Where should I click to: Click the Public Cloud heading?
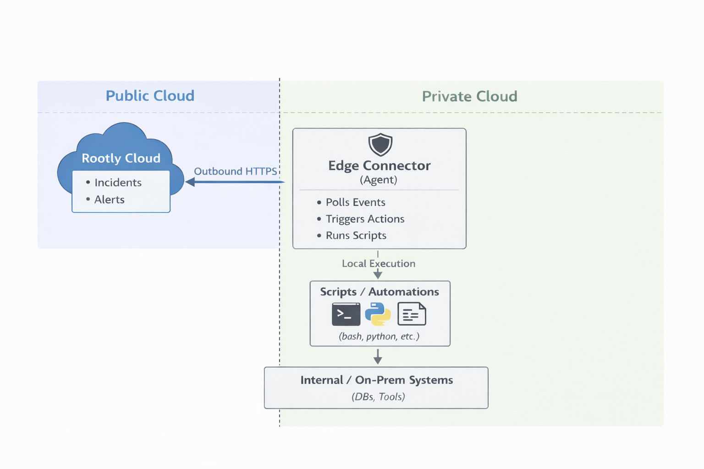tap(150, 96)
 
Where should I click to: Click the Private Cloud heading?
tap(469, 97)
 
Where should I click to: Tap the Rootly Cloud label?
tap(121, 158)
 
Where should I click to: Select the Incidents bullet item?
tap(118, 183)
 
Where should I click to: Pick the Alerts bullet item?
tap(109, 200)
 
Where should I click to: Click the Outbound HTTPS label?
tap(235, 171)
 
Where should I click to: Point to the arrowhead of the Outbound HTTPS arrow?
tap(190, 182)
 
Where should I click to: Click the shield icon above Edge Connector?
tap(380, 145)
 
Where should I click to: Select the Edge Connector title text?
tap(379, 166)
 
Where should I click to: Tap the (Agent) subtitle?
tap(379, 180)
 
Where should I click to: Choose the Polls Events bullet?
tap(355, 202)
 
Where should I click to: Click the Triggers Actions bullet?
tap(365, 219)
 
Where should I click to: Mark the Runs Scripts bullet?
tap(356, 235)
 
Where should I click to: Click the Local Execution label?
tap(379, 264)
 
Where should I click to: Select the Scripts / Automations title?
tap(379, 292)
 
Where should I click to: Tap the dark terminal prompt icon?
tap(346, 315)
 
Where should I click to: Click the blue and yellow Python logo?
tap(378, 315)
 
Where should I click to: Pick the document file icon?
tap(412, 315)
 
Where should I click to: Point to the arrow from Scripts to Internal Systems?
tap(378, 356)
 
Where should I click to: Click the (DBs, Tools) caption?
tap(378, 397)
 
